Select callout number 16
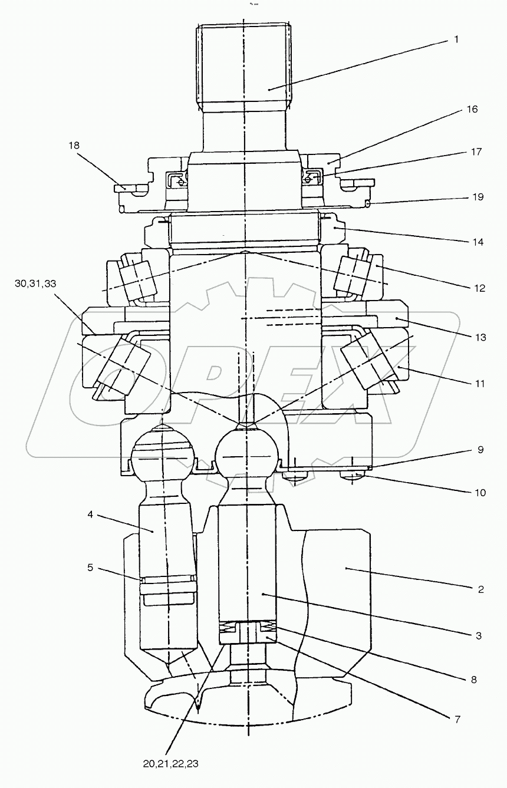[472, 109]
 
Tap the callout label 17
[476, 151]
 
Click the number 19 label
[477, 197]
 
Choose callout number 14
[478, 242]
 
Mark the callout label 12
[478, 288]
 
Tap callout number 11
[479, 383]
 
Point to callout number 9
[480, 449]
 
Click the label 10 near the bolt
[480, 492]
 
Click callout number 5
[90, 568]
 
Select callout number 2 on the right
[480, 589]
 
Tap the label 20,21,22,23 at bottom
[170, 763]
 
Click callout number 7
[457, 719]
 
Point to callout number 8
[473, 679]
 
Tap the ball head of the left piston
[162, 457]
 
